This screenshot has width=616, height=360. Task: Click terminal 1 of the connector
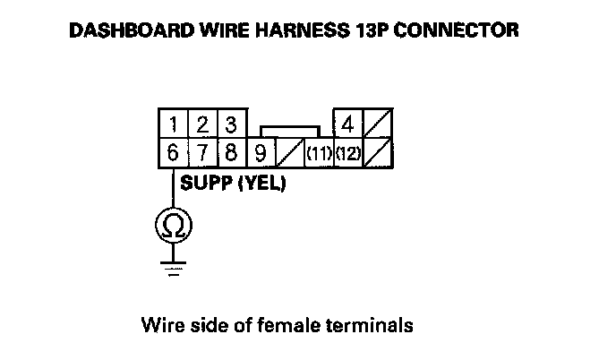[172, 124]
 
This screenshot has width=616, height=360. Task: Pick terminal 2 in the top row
[202, 124]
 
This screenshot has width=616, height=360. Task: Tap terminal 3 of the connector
[230, 124]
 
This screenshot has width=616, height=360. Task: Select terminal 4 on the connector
[348, 124]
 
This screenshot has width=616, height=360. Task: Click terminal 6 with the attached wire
[172, 152]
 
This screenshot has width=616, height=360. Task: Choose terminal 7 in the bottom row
[202, 152]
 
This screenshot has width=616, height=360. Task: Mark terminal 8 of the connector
[230, 152]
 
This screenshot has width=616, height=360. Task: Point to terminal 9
[260, 152]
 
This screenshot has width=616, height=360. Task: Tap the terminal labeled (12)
[348, 152]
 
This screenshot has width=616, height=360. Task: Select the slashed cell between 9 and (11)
[288, 152]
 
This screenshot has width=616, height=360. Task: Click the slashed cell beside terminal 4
[378, 124]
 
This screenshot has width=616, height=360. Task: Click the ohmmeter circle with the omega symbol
[172, 227]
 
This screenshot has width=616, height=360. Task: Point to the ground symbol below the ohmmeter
[172, 266]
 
